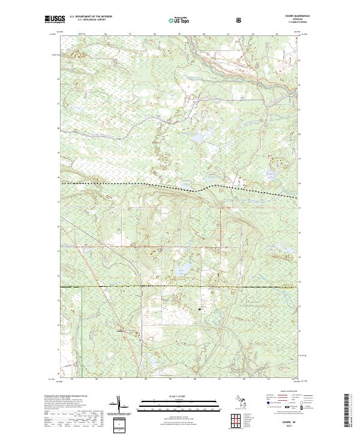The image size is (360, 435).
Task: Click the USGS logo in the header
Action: (x=55, y=19)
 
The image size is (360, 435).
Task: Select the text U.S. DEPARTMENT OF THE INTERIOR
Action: (x=90, y=17)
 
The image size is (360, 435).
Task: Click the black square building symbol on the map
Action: (x=199, y=308)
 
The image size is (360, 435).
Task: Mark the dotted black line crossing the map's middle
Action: (x=180, y=187)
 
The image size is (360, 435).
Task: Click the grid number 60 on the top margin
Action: (x=204, y=34)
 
